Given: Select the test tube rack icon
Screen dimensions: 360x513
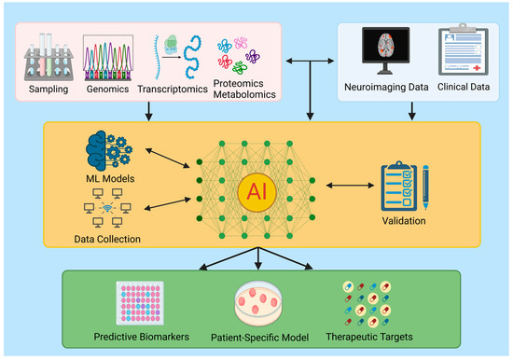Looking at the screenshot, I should (49, 58).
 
